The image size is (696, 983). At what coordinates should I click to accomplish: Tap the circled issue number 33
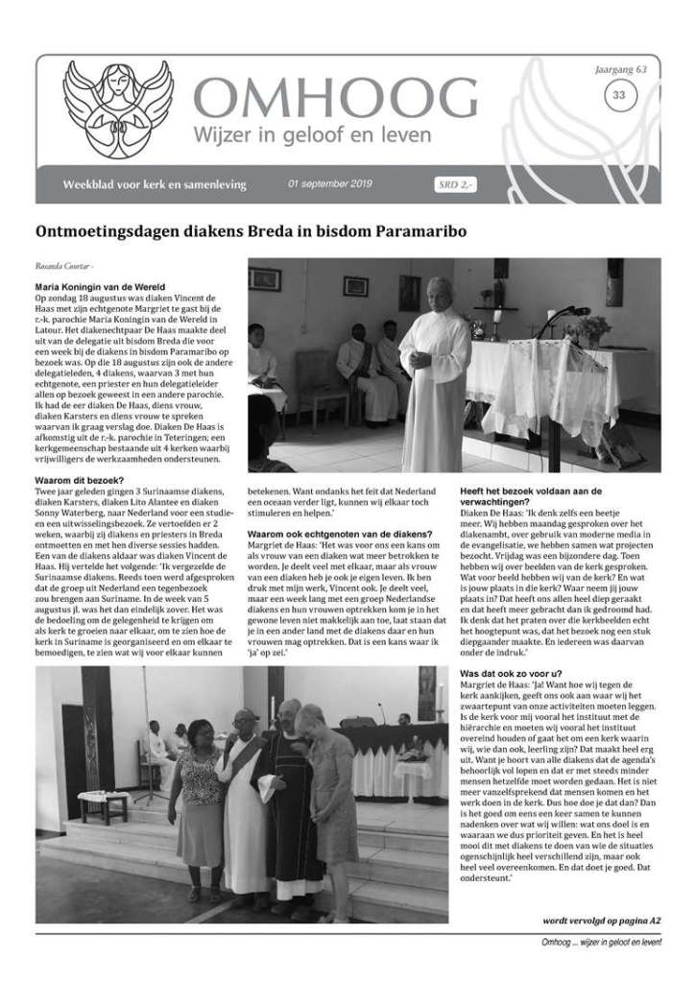pyautogui.click(x=619, y=94)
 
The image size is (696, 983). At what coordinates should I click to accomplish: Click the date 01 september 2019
pyautogui.click(x=328, y=185)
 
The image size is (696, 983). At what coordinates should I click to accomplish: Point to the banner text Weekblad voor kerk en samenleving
pyautogui.click(x=154, y=184)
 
